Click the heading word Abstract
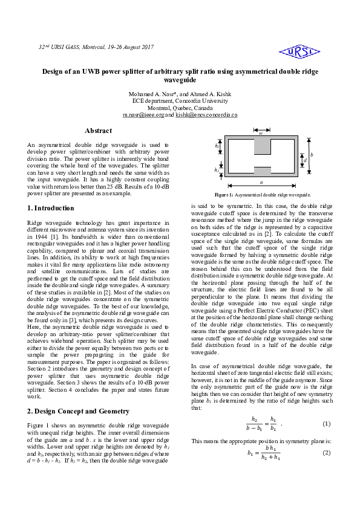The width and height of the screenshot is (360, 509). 98,131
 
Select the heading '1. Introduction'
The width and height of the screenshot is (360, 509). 51,208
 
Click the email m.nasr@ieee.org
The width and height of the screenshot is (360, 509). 143,114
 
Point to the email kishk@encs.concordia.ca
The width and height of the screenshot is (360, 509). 206,114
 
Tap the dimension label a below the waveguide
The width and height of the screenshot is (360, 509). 261,182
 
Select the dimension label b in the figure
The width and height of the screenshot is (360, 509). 312,155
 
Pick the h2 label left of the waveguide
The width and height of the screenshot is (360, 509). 217,146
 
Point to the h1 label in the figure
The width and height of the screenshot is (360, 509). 217,170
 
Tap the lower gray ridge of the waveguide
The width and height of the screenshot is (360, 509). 262,170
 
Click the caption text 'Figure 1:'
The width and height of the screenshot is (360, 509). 224,195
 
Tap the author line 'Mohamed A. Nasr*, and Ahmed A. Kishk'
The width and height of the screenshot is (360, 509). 180,94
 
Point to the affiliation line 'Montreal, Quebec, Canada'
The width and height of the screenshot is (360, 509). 180,108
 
